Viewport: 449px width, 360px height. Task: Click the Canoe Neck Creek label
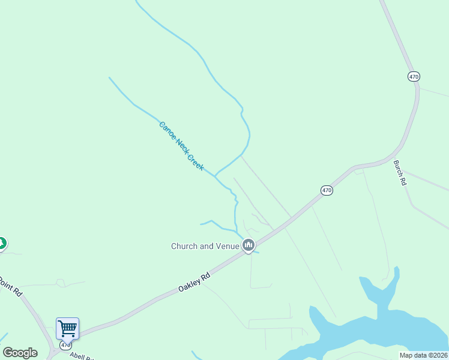[181, 145]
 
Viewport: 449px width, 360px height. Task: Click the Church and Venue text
[205, 246]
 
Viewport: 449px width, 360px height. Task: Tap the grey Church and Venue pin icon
[249, 245]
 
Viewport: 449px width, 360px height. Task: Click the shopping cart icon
[67, 328]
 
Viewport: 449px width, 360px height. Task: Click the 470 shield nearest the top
[414, 77]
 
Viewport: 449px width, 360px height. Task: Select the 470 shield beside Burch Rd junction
[326, 190]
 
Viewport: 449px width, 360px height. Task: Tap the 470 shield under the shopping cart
[66, 346]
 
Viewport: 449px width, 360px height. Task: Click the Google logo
[20, 353]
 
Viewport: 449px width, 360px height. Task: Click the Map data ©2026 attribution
[423, 355]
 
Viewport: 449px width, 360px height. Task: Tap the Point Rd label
[11, 287]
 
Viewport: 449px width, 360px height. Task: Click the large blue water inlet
[384, 327]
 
